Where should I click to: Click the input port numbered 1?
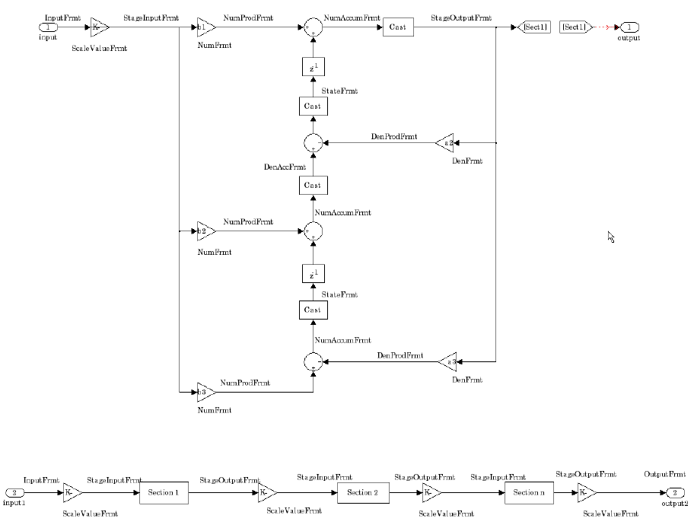click(x=48, y=27)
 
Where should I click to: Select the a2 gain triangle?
click(x=445, y=142)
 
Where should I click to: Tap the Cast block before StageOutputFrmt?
click(x=398, y=27)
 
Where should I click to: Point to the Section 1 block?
click(x=164, y=493)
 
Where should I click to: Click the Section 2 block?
click(x=362, y=493)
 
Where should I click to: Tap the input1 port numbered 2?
click(x=15, y=493)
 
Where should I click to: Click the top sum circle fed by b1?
click(x=312, y=27)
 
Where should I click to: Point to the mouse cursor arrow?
click(x=611, y=237)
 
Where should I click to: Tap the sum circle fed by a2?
click(x=312, y=142)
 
